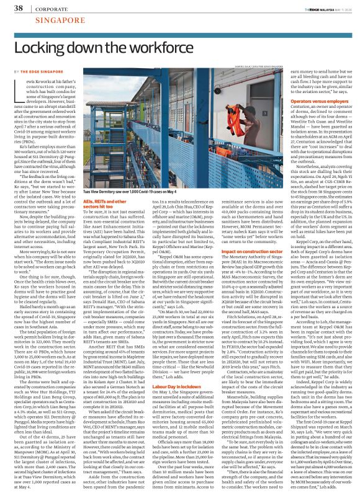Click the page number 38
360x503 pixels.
pyautogui.click(x=18, y=9)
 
